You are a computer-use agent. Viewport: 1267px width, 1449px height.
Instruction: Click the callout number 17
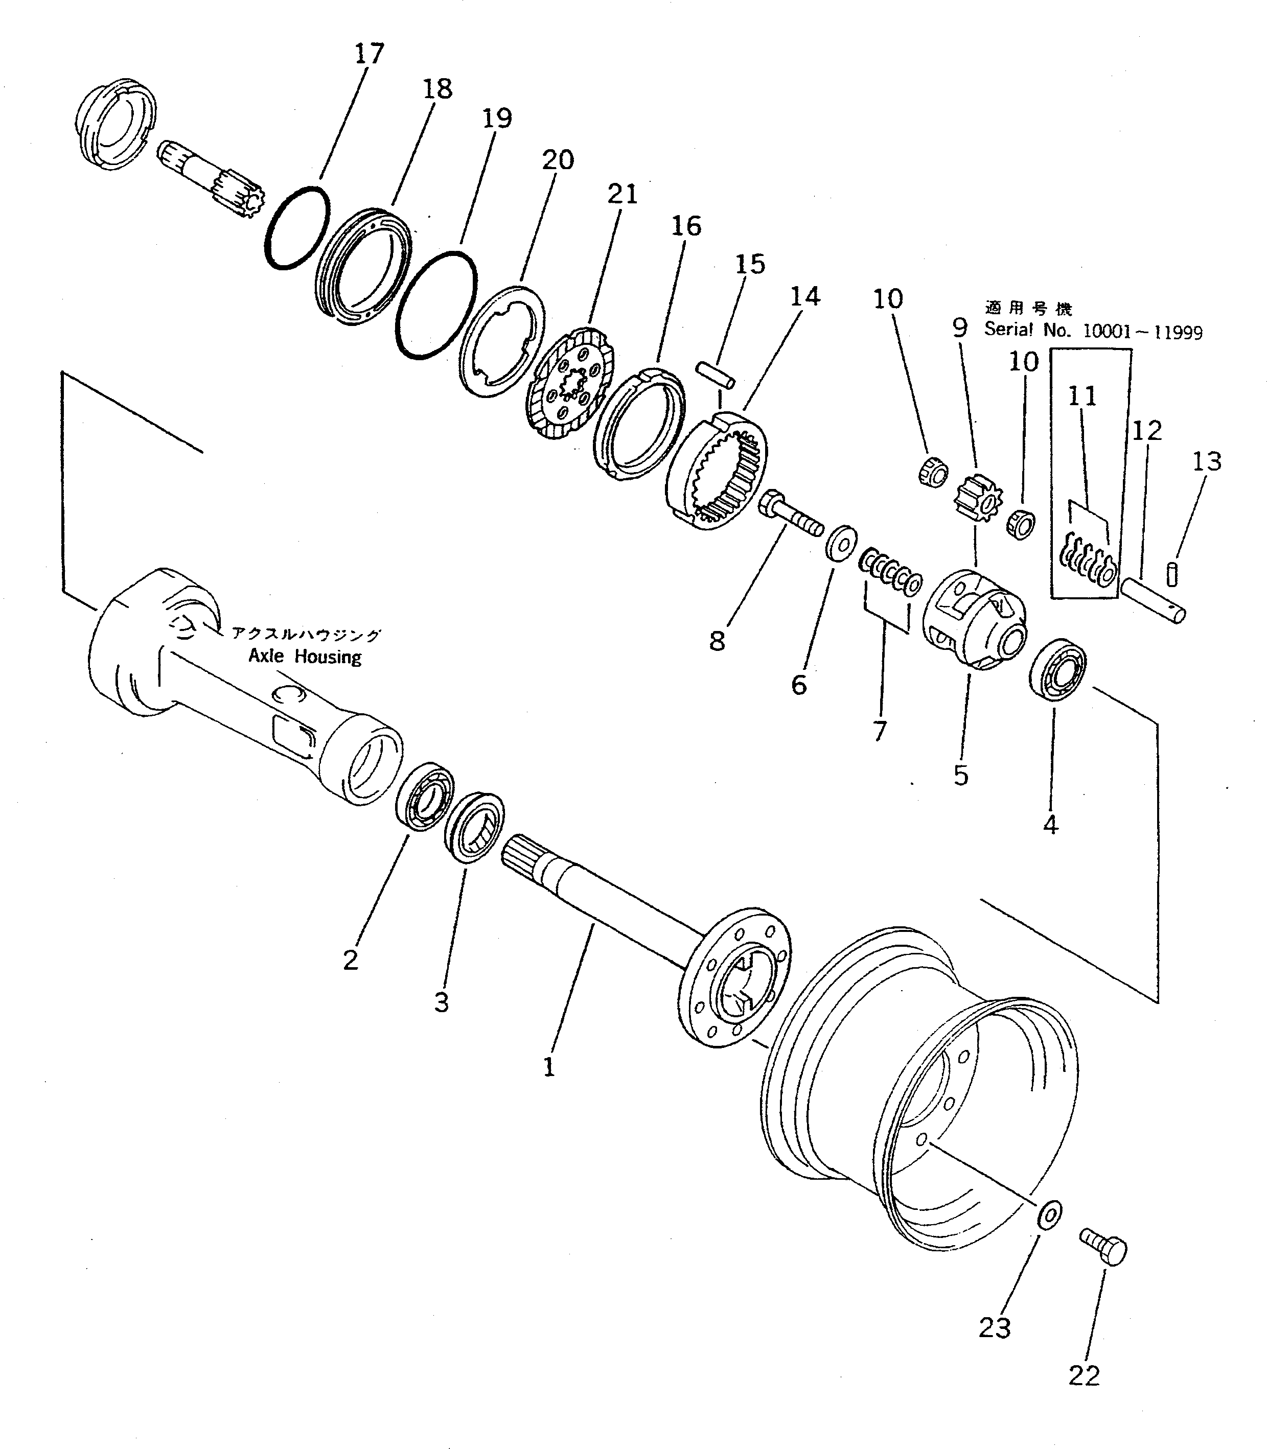pos(369,54)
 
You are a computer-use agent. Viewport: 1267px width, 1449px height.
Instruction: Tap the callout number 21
pos(622,194)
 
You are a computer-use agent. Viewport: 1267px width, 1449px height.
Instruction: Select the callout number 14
pos(804,297)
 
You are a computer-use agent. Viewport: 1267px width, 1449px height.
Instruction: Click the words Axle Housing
pos(305,657)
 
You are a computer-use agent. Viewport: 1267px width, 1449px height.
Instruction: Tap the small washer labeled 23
pos(1049,1213)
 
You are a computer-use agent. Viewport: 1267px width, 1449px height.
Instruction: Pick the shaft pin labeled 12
pos(1153,601)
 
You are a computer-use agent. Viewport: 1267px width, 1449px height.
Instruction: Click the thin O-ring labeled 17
pos(297,227)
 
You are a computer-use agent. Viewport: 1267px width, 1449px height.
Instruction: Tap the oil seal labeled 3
pos(474,828)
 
